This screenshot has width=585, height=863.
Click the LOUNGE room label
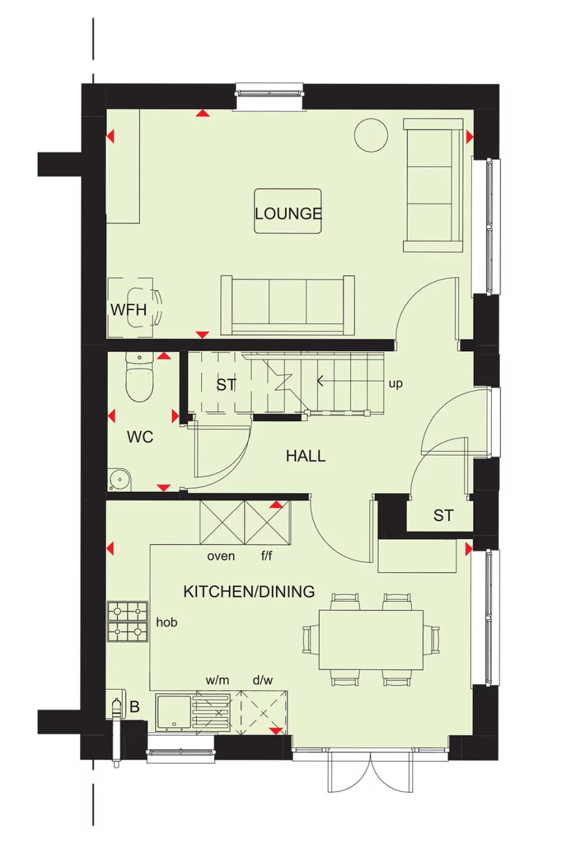[288, 213]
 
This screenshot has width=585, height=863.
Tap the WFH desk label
[128, 309]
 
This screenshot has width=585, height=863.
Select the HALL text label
[305, 456]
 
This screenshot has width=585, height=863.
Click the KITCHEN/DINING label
[249, 591]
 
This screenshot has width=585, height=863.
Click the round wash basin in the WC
[120, 480]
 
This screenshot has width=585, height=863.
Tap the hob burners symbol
[127, 621]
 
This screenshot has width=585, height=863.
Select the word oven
[221, 556]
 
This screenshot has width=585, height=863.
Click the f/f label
[267, 556]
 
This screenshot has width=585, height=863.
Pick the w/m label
[217, 680]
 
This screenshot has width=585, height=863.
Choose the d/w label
[263, 680]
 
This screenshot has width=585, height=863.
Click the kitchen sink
[172, 713]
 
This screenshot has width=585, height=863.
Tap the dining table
[370, 639]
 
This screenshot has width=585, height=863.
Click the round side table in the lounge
[371, 135]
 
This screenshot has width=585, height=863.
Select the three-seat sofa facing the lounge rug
[288, 305]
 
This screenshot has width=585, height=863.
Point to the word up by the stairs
[395, 383]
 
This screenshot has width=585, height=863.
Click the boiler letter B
[135, 706]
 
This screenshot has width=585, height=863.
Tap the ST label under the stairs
[226, 385]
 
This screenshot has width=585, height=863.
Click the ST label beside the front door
[443, 515]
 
